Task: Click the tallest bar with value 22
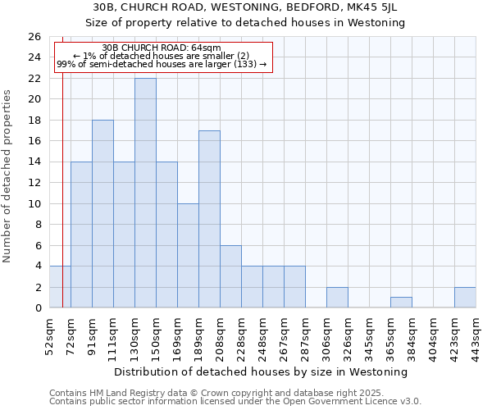145,193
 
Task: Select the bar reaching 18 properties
102,213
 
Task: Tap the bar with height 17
209,219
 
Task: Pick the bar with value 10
188,255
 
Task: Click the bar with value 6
230,276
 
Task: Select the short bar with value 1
401,302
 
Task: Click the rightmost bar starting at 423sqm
465,297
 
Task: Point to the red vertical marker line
63,205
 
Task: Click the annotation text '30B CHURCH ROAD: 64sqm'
163,48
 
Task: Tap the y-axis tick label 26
34,37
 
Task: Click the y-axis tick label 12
34,183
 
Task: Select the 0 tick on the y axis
38,308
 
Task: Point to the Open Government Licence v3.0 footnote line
235,402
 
